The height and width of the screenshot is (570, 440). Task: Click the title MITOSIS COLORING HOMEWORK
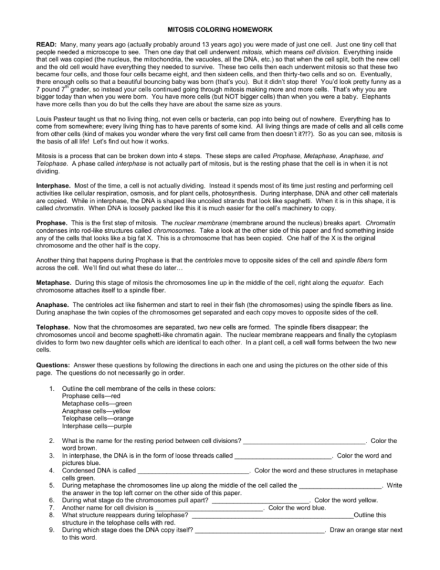[220, 29]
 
